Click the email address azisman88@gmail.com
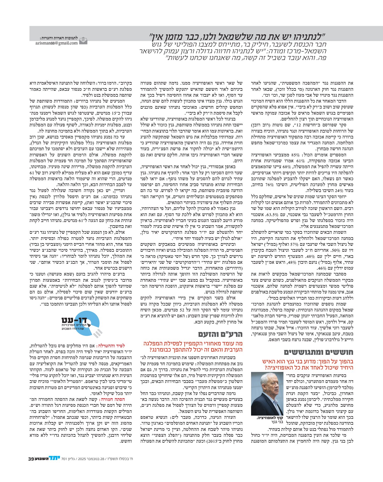tap(56, 43)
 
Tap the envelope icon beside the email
tap(84, 41)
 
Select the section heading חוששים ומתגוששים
tap(318, 352)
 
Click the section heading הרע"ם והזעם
tap(220, 334)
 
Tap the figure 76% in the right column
tap(269, 185)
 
